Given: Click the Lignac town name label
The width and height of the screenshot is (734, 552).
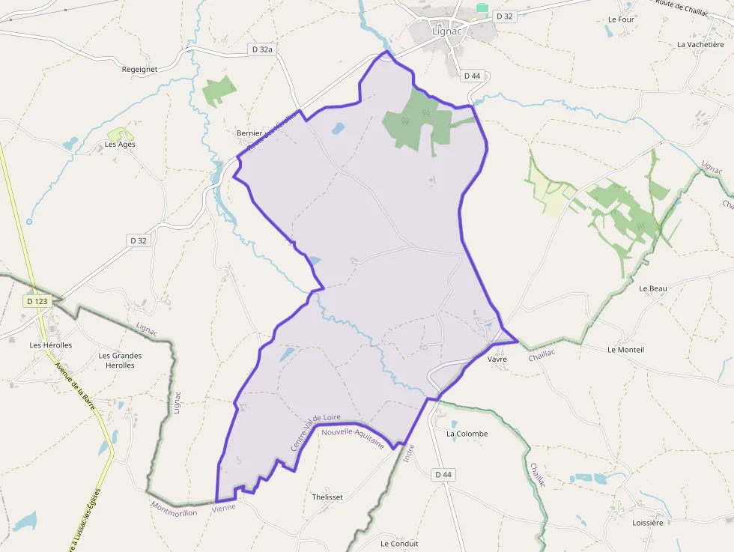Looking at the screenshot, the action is [x=449, y=31].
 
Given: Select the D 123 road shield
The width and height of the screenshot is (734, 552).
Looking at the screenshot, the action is [x=37, y=301].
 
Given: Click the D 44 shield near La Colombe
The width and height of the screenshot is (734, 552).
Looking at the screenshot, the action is [x=444, y=475].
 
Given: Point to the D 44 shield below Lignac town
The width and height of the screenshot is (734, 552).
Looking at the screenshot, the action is [x=472, y=76].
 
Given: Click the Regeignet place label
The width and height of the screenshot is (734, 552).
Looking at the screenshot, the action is [x=139, y=69].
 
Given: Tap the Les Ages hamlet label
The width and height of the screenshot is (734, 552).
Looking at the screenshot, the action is [x=120, y=144].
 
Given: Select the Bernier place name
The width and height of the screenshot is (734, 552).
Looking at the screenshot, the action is [x=249, y=133].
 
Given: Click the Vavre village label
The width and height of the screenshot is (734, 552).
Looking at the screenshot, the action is [x=497, y=359].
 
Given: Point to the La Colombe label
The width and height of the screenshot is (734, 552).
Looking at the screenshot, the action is [x=467, y=434].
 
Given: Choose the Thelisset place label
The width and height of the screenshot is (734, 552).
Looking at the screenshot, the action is [x=327, y=497].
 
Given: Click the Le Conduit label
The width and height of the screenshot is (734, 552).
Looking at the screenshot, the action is [x=399, y=544].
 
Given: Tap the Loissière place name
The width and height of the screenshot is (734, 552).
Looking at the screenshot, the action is [x=648, y=523].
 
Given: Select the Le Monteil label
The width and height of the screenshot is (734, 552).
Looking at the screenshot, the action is [x=625, y=350].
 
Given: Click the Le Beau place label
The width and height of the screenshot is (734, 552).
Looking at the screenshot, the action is [x=652, y=288].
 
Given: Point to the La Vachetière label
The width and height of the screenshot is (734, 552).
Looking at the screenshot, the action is [x=700, y=44].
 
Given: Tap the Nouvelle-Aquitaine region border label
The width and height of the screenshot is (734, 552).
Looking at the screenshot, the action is [x=352, y=438].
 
